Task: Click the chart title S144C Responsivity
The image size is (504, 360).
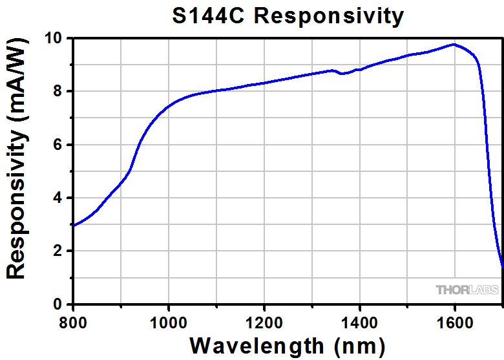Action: pos(288,15)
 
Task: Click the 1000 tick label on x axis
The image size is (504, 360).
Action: pos(168,321)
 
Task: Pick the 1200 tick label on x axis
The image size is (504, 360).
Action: pos(264,321)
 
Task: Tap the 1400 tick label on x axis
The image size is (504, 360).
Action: pos(359,321)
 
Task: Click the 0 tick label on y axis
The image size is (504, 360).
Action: pos(57,304)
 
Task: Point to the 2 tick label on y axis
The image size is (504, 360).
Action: pos(57,251)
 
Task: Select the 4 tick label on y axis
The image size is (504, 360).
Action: pos(57,198)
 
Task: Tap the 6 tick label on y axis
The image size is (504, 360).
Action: pos(57,145)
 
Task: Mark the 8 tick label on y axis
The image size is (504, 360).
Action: pos(57,92)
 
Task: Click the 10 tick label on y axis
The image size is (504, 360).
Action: pos(53,39)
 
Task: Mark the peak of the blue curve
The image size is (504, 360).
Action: pos(454,45)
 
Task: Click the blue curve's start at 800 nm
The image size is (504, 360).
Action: pos(73,226)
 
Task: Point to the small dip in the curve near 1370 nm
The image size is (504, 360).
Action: pos(344,73)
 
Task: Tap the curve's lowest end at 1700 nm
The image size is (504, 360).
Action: pos(502,266)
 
